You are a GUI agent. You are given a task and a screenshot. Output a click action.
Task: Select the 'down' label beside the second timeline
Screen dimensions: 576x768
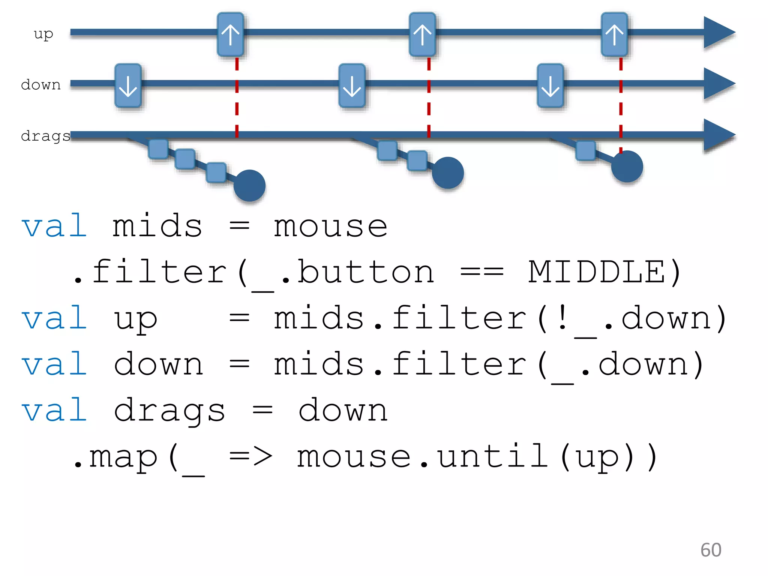point(41,85)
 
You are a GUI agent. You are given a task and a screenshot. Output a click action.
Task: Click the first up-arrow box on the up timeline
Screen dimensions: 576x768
point(231,34)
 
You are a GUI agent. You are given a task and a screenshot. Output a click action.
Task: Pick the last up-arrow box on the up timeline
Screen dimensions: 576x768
point(614,34)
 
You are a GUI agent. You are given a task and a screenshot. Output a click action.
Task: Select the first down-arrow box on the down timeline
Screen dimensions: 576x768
point(128,86)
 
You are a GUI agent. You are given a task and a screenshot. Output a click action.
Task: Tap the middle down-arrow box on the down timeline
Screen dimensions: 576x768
point(352,86)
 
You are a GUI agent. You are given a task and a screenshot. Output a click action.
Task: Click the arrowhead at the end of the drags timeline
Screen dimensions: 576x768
point(718,135)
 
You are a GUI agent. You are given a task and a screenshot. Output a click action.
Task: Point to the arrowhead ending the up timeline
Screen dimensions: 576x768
point(718,33)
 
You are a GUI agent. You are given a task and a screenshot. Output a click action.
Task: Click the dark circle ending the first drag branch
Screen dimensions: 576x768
point(249,186)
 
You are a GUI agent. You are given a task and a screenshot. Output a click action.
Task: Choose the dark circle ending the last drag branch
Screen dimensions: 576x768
point(627,166)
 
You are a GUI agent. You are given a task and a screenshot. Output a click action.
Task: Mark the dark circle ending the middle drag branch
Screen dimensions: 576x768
point(448,172)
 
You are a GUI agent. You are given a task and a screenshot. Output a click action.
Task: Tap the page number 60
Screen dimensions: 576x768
point(711,550)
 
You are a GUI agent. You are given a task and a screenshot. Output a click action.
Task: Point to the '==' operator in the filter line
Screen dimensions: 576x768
point(481,272)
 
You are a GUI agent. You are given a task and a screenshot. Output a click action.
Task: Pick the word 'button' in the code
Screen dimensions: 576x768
point(366,272)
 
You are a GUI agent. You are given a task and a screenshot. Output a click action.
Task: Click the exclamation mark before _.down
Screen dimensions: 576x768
point(562,318)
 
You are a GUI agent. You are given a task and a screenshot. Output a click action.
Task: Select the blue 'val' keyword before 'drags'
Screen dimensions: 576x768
point(55,411)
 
